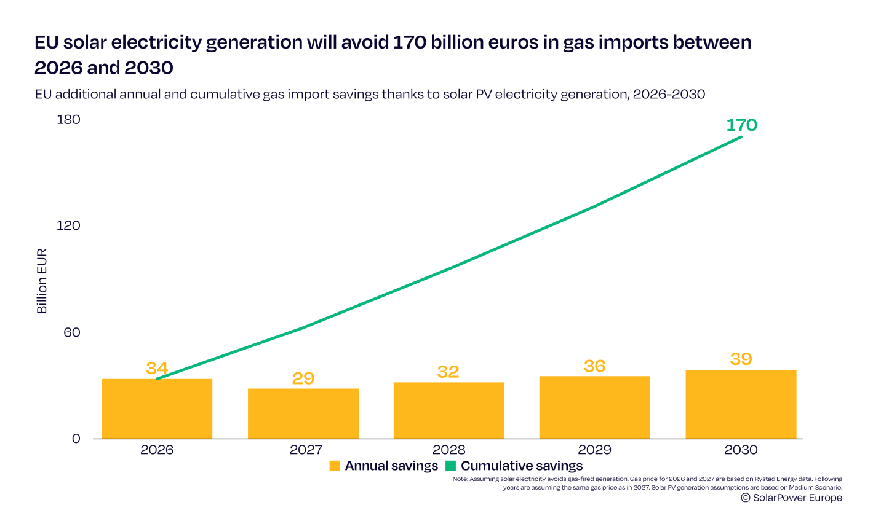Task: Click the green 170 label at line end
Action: click(x=741, y=125)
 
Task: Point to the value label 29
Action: click(x=303, y=378)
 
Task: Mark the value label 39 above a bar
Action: click(x=741, y=359)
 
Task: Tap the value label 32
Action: click(x=448, y=372)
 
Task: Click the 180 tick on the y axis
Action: click(x=68, y=119)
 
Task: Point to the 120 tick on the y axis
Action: click(x=68, y=225)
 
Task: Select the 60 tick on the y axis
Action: click(x=71, y=332)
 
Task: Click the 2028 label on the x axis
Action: click(x=449, y=450)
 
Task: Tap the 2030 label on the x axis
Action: click(x=741, y=450)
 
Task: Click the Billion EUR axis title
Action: click(x=42, y=281)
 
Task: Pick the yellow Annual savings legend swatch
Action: click(x=335, y=466)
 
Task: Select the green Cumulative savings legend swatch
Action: click(x=450, y=466)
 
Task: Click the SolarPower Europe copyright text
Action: click(x=792, y=498)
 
